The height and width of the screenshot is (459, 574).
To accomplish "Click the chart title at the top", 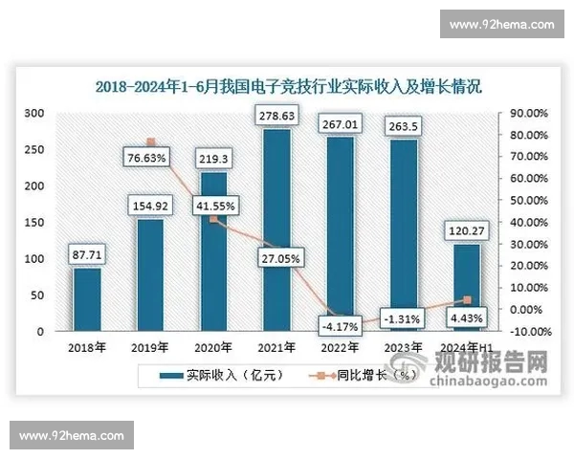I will tap(288, 85).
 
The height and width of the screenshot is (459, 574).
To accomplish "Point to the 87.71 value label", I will tap(87, 256).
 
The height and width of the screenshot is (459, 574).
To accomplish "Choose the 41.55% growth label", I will tap(215, 205).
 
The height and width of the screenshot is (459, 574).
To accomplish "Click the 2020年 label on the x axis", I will tap(213, 347).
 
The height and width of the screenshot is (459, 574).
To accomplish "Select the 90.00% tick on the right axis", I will tap(527, 113).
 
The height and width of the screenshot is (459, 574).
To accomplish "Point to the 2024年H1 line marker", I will tap(468, 300).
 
